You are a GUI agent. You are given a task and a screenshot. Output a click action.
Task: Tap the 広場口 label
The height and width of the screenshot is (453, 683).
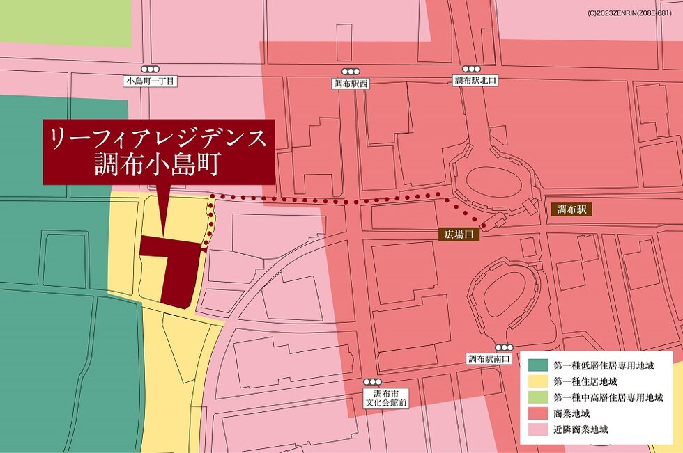coord(459,235)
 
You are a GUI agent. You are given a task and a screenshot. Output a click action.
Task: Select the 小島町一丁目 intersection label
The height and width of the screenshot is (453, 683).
coord(150,81)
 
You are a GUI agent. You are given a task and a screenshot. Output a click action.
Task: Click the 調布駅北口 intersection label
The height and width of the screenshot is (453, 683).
coord(475,81)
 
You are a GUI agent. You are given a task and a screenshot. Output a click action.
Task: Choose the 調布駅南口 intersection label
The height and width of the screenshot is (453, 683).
coord(489,359)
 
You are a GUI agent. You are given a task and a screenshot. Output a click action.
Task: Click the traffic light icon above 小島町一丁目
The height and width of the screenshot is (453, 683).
coord(150,70)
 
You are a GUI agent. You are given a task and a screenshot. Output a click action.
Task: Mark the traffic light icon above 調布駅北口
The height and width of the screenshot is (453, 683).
coord(472,69)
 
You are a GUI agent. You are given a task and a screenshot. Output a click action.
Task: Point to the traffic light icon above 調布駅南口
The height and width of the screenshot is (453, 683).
coord(503,347)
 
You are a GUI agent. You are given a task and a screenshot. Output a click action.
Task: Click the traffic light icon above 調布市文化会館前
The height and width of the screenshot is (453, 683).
coord(373,382)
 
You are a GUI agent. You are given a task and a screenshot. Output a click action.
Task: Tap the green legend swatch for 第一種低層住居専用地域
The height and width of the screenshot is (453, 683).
coord(538,365)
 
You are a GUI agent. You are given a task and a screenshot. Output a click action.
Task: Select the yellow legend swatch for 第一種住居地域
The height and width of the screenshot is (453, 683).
coord(538,381)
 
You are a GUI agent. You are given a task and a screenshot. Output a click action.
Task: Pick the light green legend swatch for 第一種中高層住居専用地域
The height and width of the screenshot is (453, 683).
coord(538,397)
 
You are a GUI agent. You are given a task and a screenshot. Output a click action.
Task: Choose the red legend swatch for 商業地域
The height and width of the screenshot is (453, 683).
coord(538,413)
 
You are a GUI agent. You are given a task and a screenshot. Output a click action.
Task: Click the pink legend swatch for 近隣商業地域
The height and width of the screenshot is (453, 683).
coord(538,429)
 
